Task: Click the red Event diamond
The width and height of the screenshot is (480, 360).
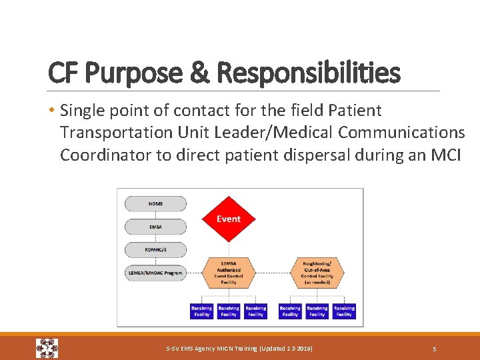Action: point(228,219)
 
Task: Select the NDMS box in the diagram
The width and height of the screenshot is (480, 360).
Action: point(155,203)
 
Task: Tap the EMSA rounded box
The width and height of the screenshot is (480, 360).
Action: point(155,227)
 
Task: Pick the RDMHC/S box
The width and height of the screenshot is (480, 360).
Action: point(155,250)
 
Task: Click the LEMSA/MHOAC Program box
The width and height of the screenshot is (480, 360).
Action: point(155,273)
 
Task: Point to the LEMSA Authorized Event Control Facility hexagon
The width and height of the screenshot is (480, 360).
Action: point(228,273)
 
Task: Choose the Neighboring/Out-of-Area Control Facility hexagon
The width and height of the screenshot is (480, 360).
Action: point(317,273)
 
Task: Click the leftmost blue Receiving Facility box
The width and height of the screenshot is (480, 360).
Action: point(201,311)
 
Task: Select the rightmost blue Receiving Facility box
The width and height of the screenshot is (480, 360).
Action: point(344,311)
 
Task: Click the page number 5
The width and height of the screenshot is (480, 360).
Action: point(434,349)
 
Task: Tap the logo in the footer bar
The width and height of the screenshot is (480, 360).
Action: point(47,348)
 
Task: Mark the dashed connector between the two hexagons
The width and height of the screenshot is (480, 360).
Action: point(273,273)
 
